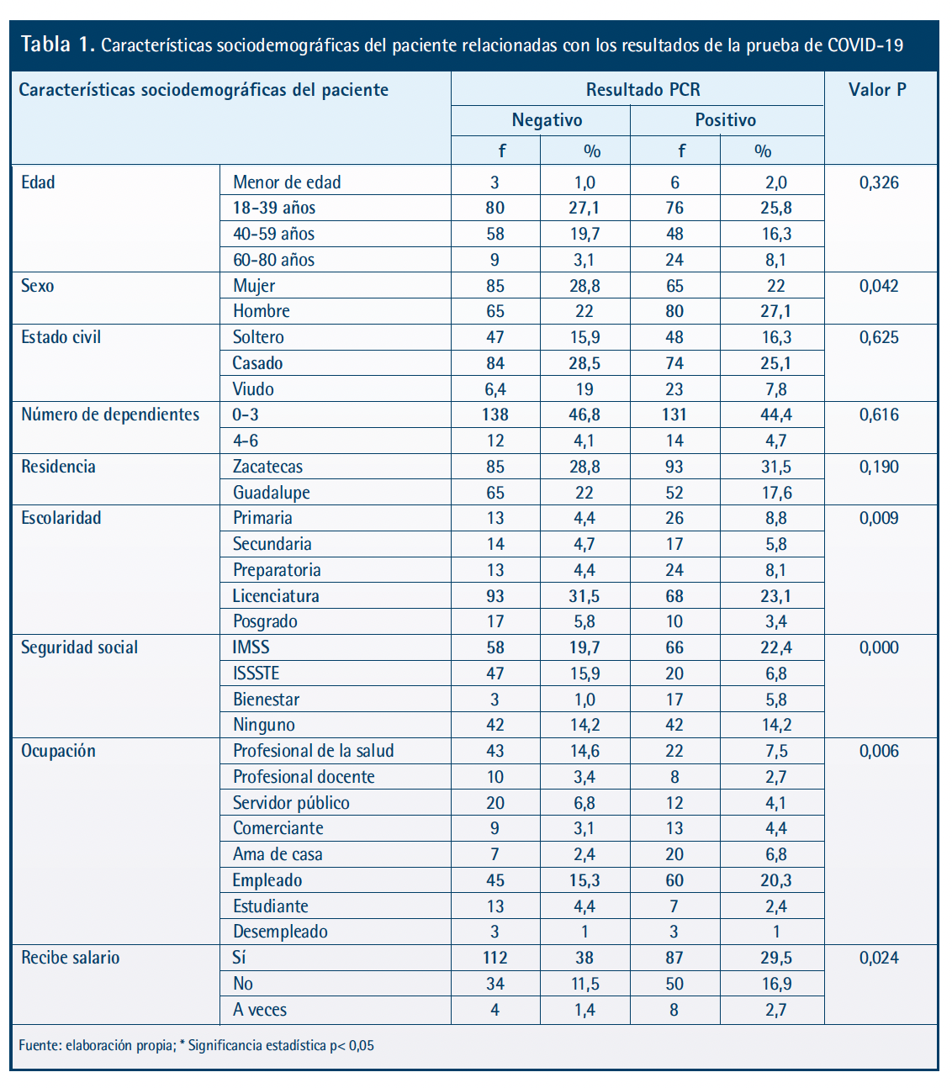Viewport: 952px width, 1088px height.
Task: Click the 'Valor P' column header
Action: [877, 89]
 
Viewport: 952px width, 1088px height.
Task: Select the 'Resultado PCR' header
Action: [643, 89]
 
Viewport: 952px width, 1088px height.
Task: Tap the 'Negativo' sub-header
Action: [547, 120]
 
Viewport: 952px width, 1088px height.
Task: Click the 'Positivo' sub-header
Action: [726, 119]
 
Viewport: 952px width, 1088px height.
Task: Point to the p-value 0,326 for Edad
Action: [879, 183]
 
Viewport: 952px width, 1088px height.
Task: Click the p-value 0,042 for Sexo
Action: [879, 286]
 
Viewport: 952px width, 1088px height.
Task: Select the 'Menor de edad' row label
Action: [287, 182]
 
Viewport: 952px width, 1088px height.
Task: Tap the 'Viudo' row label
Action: [253, 389]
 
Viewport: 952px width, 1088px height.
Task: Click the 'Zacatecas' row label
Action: [267, 467]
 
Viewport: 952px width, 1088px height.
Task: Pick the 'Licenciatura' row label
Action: [276, 595]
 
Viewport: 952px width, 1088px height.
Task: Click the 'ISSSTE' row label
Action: [256, 673]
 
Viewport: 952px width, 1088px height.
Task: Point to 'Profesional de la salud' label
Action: [313, 750]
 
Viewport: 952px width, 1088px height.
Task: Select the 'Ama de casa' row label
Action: [278, 854]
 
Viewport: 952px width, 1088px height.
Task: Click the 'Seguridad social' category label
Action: [79, 647]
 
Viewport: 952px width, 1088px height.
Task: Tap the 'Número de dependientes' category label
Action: [110, 415]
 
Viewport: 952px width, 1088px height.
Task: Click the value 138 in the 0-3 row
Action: [495, 415]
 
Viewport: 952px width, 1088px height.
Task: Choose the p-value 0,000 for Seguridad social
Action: [879, 647]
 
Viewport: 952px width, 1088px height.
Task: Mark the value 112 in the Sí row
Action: [495, 958]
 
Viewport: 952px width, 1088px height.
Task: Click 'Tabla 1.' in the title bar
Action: [58, 45]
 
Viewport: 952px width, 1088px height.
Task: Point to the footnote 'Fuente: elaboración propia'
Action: [97, 1045]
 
